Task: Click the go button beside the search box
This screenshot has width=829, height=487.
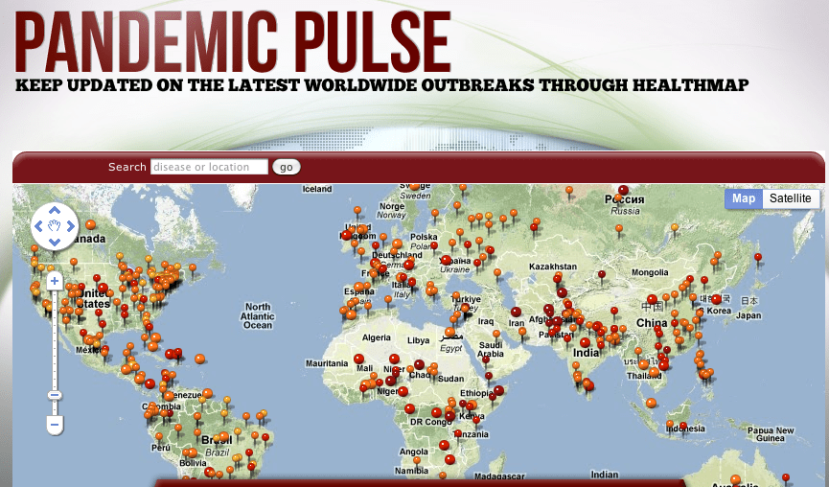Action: pyautogui.click(x=287, y=168)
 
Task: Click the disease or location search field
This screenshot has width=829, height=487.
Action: pyautogui.click(x=209, y=168)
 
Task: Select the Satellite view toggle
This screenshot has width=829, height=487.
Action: pyautogui.click(x=791, y=198)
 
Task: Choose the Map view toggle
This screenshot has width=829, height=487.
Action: pyautogui.click(x=744, y=198)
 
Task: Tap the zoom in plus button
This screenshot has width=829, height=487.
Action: pyautogui.click(x=55, y=281)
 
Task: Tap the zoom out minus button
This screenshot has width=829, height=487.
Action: pyautogui.click(x=55, y=423)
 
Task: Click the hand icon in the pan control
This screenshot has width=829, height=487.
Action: pyautogui.click(x=55, y=226)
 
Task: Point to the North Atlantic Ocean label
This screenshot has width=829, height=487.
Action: pyautogui.click(x=258, y=316)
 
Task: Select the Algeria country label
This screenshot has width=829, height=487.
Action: pyautogui.click(x=377, y=337)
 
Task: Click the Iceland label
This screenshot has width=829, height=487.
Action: pyautogui.click(x=316, y=189)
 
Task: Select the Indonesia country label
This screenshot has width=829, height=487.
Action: pyautogui.click(x=686, y=428)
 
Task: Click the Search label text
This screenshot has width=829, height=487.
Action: pyautogui.click(x=127, y=168)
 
